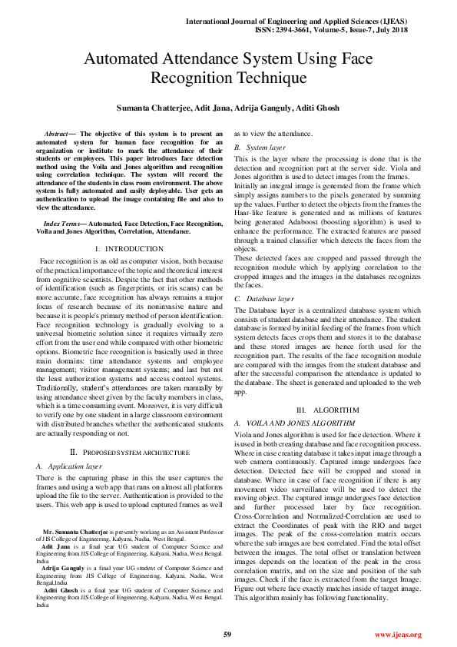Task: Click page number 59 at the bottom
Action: pos(228,634)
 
